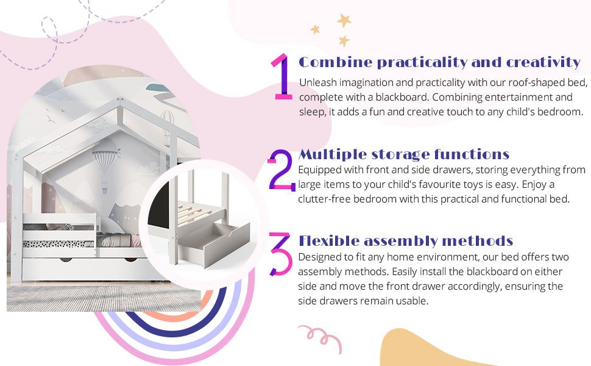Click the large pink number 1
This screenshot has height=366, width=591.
coord(281,77)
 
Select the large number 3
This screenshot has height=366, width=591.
coord(281,253)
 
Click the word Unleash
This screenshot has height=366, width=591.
coord(316,82)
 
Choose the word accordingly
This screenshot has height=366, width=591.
coord(467,285)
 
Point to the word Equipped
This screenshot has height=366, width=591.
coord(319,169)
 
